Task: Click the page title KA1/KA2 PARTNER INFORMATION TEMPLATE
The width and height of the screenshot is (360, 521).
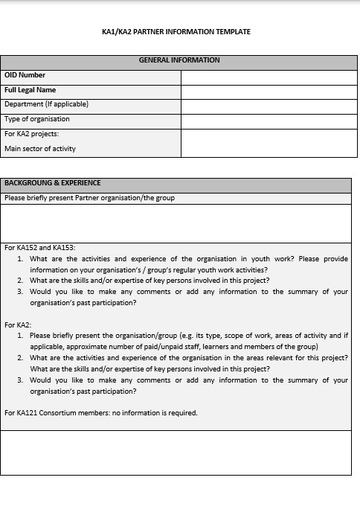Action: coord(176,32)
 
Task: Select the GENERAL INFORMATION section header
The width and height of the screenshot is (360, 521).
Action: coord(179,60)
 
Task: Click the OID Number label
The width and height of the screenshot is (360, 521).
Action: coord(25,75)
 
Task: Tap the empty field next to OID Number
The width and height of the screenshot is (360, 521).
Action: coord(266,76)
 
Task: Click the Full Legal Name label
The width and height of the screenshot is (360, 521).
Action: coord(30,90)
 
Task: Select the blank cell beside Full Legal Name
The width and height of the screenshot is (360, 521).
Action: coord(266,91)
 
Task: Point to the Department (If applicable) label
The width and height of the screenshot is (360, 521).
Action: coord(46,104)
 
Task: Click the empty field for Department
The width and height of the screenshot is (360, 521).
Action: coord(266,105)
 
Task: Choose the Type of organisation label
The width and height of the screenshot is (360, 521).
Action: coord(37,119)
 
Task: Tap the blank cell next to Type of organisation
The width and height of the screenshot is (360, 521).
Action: coord(266,120)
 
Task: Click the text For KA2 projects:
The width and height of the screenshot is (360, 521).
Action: coord(31,134)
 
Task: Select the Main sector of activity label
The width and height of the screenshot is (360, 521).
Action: coord(40,149)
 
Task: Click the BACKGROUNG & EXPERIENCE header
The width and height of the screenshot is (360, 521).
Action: coord(53,183)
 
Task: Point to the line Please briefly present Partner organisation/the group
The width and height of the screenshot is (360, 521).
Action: coord(89,198)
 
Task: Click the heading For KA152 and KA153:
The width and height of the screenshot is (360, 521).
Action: coord(40,248)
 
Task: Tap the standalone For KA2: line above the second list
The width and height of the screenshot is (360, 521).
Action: coord(18,325)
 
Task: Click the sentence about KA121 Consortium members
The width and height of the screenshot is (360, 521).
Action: coord(101,413)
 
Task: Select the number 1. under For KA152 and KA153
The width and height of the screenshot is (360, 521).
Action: coord(22,259)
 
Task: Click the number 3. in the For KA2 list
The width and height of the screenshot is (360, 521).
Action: coord(22,380)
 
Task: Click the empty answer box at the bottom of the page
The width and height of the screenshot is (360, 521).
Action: coord(176,452)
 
